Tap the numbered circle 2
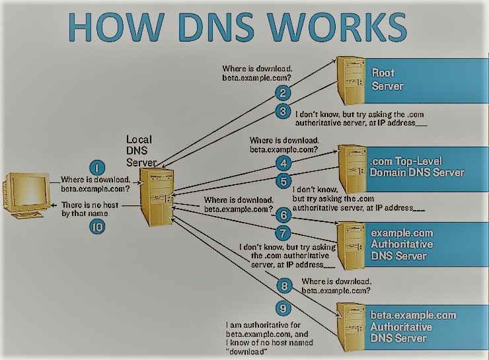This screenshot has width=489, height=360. (x=282, y=93)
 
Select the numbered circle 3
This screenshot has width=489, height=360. (x=282, y=111)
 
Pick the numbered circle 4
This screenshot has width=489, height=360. (x=282, y=162)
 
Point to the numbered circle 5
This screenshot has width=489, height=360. (x=282, y=180)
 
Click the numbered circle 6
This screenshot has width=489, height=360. (x=282, y=215)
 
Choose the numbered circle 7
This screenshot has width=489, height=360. (x=282, y=233)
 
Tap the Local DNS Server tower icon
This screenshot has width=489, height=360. (x=157, y=198)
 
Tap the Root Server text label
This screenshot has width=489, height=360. (x=386, y=79)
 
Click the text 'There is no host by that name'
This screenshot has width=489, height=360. (x=90, y=209)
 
